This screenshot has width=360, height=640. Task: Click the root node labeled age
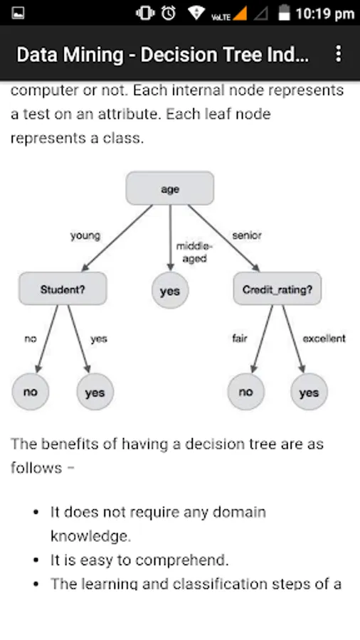[x=170, y=188]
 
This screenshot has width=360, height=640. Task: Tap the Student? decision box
[x=63, y=289]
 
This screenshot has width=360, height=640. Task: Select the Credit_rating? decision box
[x=277, y=289]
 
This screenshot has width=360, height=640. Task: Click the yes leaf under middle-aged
[x=170, y=291]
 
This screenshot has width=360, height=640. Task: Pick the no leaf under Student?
[x=30, y=391]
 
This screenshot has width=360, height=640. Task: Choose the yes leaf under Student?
[x=95, y=391]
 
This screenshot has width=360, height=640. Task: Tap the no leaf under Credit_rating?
[x=245, y=391]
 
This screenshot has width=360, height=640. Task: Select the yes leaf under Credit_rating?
[x=309, y=391]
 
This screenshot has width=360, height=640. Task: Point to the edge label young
[x=85, y=236]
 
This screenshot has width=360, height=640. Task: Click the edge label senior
[x=247, y=235]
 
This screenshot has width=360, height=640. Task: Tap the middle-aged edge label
[x=194, y=252]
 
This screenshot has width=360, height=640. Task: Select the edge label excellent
[x=324, y=338]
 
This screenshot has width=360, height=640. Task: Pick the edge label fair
[x=240, y=338]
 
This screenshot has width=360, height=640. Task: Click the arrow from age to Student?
[x=117, y=238]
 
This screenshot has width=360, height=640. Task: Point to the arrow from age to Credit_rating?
[x=223, y=238]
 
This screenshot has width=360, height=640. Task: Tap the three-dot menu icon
[x=339, y=53]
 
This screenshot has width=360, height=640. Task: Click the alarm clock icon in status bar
[x=168, y=13]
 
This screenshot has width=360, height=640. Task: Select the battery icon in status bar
[x=284, y=12]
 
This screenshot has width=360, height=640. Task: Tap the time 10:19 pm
[x=325, y=14]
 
